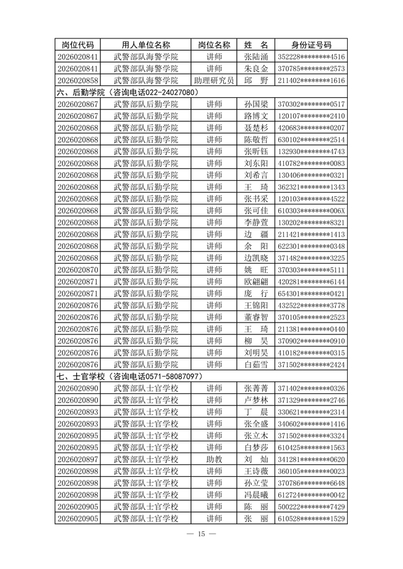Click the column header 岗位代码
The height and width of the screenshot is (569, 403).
click(x=78, y=45)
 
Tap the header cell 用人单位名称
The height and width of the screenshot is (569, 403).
click(x=146, y=45)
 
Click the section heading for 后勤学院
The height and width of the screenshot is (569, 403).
click(x=127, y=92)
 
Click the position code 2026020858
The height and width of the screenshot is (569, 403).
click(x=78, y=80)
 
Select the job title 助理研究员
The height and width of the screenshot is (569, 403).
click(x=214, y=80)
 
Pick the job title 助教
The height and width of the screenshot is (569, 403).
click(x=214, y=459)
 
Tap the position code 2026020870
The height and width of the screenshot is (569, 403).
click(x=78, y=270)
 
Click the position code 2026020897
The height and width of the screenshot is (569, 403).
click(x=78, y=459)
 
